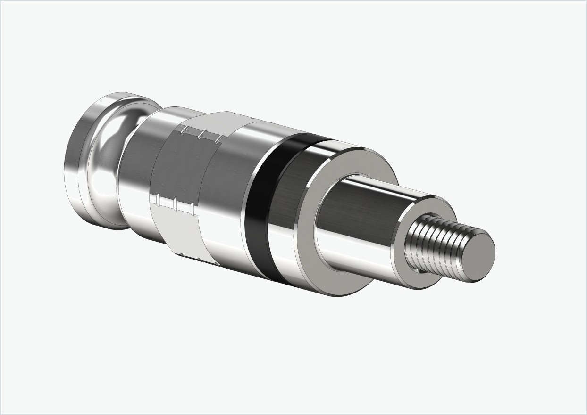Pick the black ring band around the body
pos(257,207)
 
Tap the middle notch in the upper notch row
pos(201,135)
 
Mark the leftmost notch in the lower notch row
pos(158,200)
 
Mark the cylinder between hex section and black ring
pos(226,188)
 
